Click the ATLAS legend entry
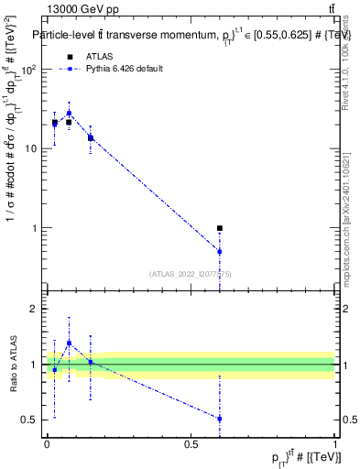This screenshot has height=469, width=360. tap(94, 57)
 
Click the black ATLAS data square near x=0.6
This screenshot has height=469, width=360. tap(220, 228)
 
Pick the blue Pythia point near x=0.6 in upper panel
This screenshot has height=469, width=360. tap(220, 251)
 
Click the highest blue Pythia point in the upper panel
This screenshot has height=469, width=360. tap(69, 114)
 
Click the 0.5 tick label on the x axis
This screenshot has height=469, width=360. tap(191, 443)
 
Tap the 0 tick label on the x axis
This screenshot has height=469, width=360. tap(47, 443)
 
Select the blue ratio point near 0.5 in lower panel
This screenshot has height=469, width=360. tap(220, 419)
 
